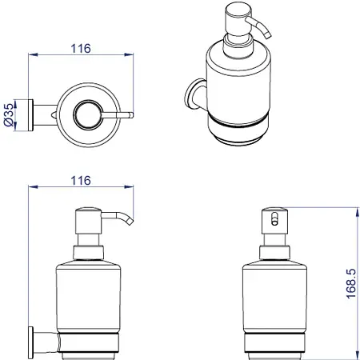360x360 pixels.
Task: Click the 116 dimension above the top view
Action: [x=81, y=49]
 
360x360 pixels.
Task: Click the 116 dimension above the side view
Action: [x=81, y=181]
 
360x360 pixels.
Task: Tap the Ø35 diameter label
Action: [x=8, y=114]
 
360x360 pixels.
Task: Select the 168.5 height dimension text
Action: [x=351, y=283]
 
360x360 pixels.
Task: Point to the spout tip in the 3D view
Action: [x=267, y=34]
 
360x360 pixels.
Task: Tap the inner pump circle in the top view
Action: [x=88, y=115]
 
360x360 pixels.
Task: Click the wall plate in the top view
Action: [x=30, y=115]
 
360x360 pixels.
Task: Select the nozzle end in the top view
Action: [x=131, y=115]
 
